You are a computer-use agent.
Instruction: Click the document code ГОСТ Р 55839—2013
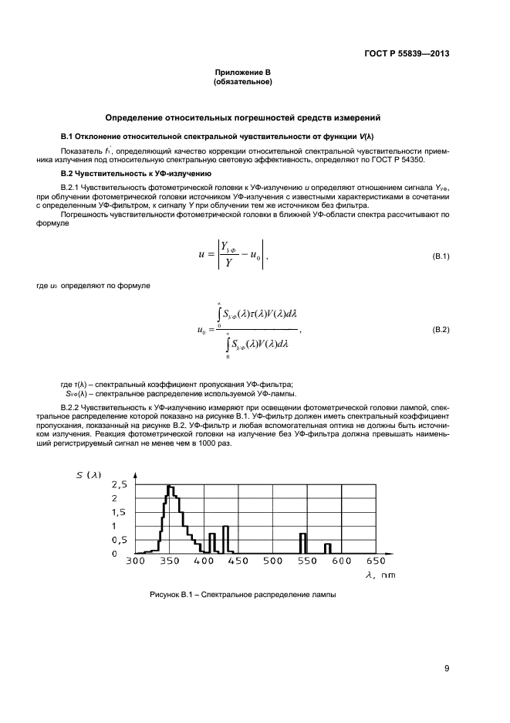click(x=406, y=54)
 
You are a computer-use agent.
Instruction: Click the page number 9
click(x=446, y=668)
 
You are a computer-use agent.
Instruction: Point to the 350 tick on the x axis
click(x=170, y=562)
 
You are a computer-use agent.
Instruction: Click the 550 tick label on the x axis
click(x=306, y=562)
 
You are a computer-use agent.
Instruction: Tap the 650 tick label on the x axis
click(x=375, y=562)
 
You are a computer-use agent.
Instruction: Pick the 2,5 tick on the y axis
click(x=120, y=485)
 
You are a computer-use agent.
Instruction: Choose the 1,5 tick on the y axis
click(x=120, y=512)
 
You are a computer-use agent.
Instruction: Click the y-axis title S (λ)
click(x=89, y=474)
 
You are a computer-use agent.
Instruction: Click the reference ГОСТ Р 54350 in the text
click(x=396, y=160)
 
